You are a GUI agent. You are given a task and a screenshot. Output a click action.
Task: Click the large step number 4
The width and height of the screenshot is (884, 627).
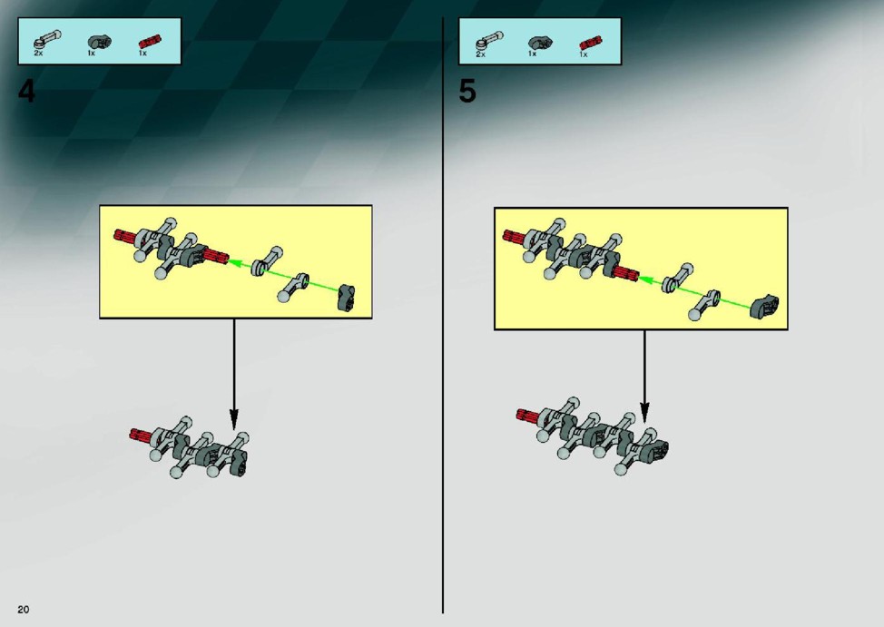26,92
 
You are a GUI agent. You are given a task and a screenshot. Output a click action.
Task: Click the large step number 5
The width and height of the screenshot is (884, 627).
467,92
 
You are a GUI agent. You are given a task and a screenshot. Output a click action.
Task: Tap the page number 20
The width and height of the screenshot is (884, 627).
23,609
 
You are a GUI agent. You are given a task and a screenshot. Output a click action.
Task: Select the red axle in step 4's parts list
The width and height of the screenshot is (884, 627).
150,43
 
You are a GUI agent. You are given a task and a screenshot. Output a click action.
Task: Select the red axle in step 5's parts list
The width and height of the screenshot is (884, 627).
590,43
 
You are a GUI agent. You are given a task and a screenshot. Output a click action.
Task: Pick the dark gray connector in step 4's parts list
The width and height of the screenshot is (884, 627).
100,42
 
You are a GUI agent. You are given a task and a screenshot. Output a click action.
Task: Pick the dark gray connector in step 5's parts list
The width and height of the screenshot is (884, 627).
540,43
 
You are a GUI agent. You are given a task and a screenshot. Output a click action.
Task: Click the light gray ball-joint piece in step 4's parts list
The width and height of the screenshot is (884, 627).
47,41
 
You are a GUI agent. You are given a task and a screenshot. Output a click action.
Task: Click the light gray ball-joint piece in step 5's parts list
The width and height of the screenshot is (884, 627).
488,41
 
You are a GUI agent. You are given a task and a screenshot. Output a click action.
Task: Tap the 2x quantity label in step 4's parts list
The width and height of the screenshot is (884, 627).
38,53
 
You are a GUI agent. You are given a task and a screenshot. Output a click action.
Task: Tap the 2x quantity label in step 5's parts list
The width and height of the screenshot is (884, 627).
480,54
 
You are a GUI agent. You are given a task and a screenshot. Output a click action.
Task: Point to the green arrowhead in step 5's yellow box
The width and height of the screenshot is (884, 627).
646,279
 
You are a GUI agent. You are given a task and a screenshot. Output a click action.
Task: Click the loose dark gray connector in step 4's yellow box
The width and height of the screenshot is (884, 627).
347,298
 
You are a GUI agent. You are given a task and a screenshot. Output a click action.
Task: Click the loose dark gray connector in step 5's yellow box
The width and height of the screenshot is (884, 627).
764,305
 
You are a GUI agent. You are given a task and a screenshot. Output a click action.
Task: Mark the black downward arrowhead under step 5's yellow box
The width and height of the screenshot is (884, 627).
645,412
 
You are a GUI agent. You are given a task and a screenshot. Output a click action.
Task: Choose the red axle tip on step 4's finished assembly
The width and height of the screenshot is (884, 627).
139,434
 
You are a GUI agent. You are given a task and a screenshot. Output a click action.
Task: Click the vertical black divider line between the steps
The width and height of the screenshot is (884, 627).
443,316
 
